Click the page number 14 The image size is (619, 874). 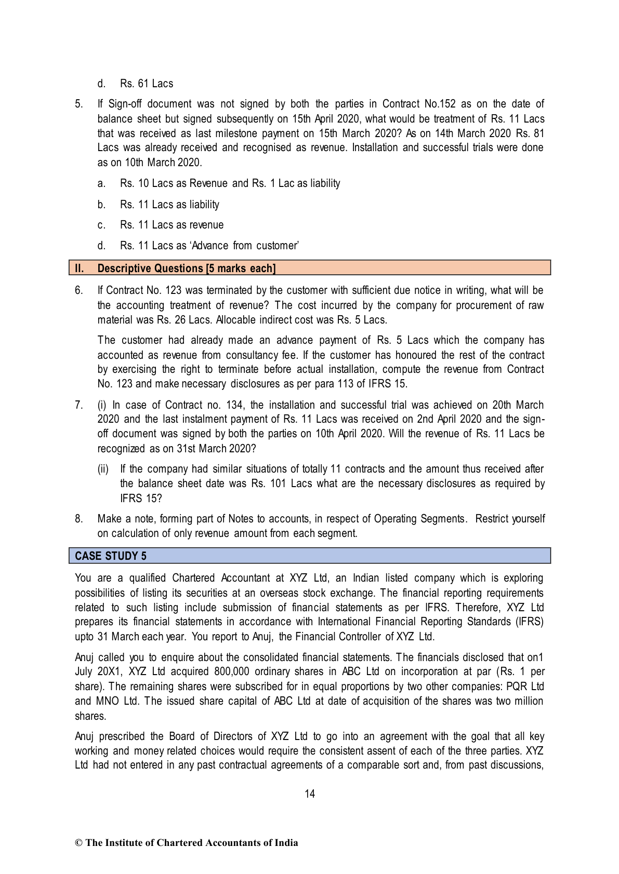[x=310, y=794]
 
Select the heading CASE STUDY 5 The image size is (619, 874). [x=111, y=556]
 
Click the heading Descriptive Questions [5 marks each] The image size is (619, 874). [x=187, y=268]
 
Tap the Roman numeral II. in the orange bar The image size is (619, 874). [x=80, y=268]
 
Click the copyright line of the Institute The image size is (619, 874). [x=187, y=843]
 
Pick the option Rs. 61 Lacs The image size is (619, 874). [x=147, y=84]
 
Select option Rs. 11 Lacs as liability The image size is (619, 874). [x=169, y=205]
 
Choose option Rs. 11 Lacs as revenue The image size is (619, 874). [x=172, y=225]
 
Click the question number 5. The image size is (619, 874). [x=79, y=104]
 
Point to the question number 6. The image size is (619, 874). [x=79, y=290]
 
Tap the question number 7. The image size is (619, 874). [x=79, y=405]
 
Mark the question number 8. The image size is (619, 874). [x=79, y=519]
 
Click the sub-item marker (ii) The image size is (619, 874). [x=103, y=469]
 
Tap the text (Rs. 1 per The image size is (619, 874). [x=521, y=672]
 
